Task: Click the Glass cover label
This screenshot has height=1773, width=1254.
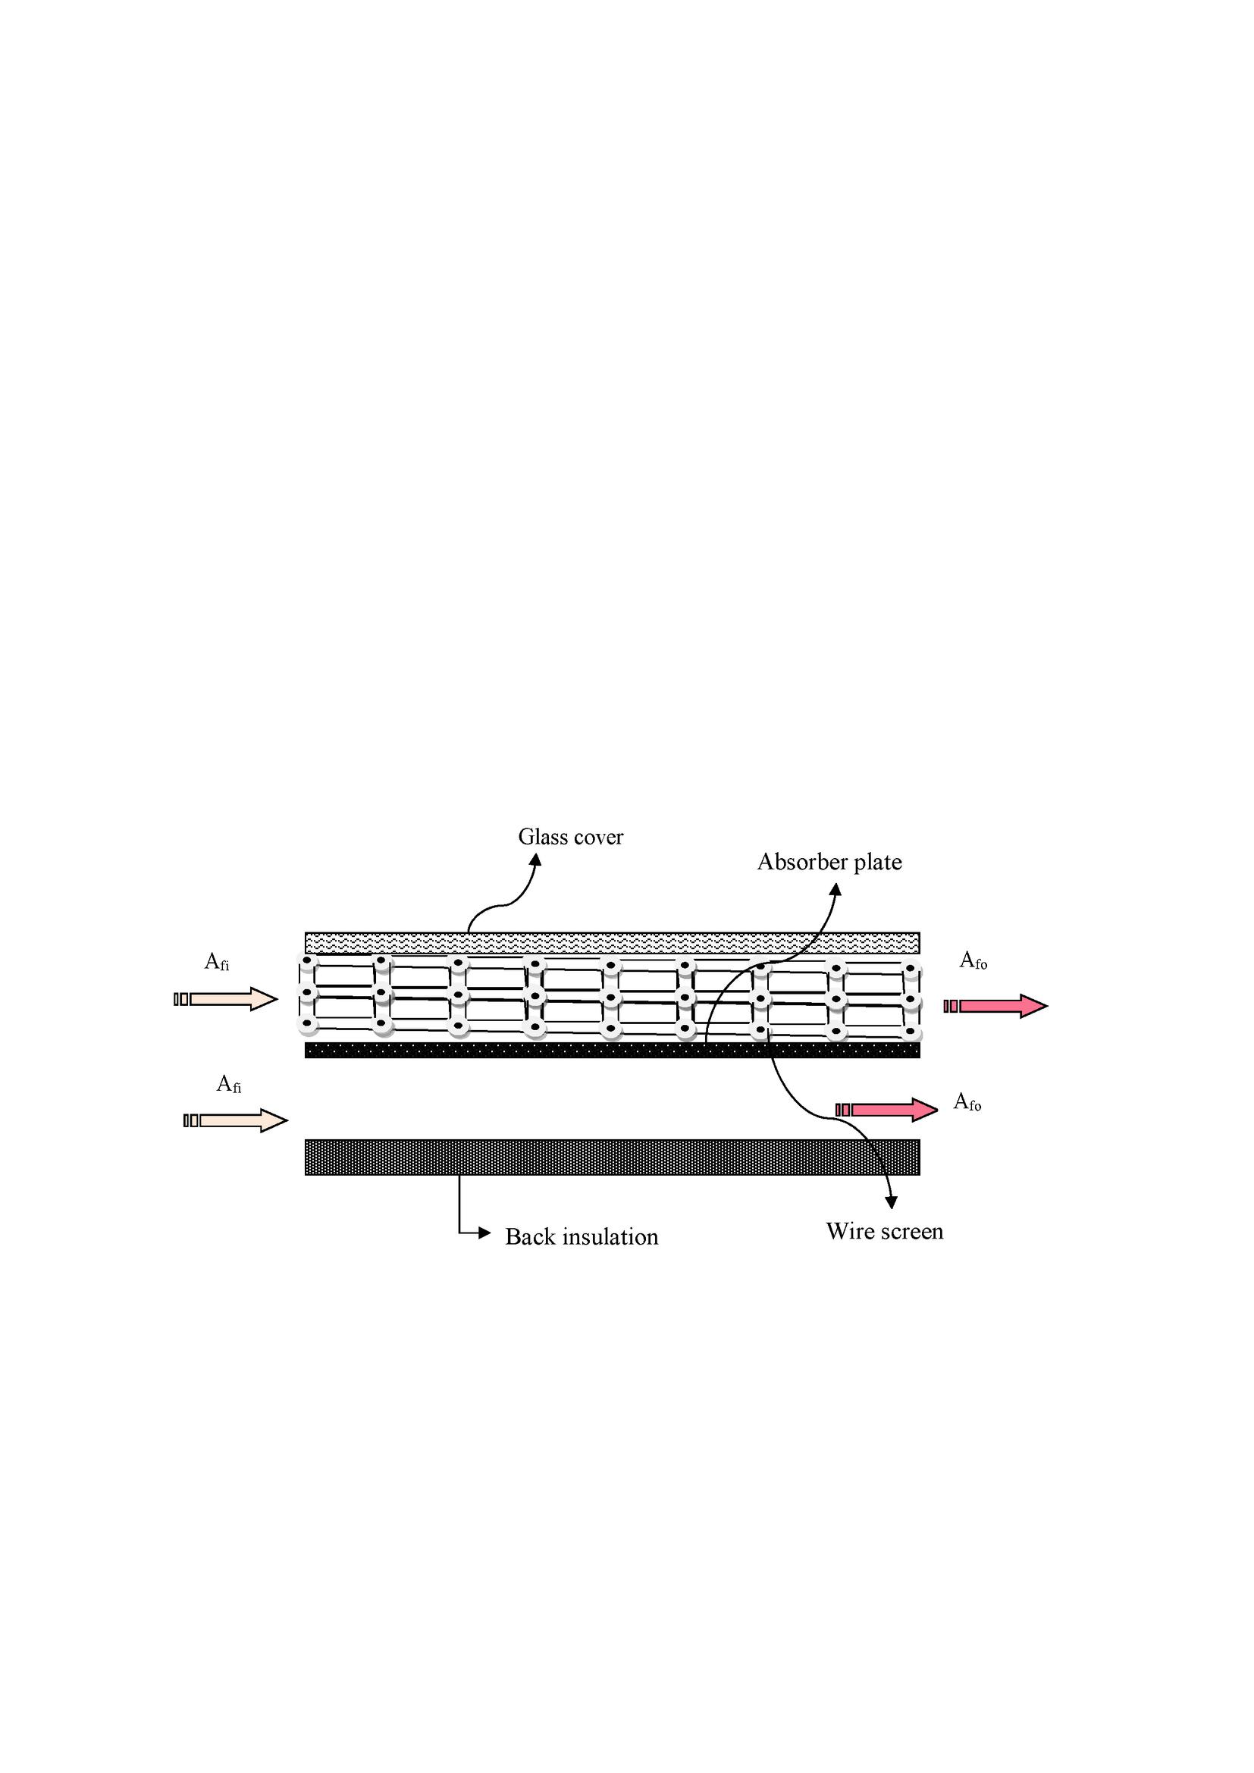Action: pyautogui.click(x=570, y=837)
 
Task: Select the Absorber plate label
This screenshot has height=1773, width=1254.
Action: pyautogui.click(x=829, y=862)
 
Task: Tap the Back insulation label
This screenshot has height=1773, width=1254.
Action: pyautogui.click(x=582, y=1237)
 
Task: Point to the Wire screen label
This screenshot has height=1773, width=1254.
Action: pyautogui.click(x=884, y=1231)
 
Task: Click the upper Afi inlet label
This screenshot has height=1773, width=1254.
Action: pyautogui.click(x=216, y=961)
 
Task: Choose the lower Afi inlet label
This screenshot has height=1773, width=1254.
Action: pyautogui.click(x=228, y=1084)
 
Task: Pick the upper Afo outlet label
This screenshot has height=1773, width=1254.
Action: pyautogui.click(x=973, y=960)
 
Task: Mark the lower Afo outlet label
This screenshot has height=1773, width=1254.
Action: pyautogui.click(x=967, y=1102)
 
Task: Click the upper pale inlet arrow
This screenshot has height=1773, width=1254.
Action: pyautogui.click(x=225, y=999)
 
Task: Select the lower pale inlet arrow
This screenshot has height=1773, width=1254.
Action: pyautogui.click(x=236, y=1120)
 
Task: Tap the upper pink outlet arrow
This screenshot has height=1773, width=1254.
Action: pyautogui.click(x=995, y=1006)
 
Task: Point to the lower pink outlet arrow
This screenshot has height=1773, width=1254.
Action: pyautogui.click(x=886, y=1110)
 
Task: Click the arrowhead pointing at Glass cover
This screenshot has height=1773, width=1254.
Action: pyautogui.click(x=535, y=859)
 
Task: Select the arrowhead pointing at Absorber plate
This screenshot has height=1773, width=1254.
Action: pyautogui.click(x=835, y=890)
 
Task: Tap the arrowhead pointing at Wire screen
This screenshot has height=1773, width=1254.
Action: pyautogui.click(x=892, y=1202)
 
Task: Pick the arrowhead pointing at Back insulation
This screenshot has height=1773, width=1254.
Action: pyautogui.click(x=485, y=1233)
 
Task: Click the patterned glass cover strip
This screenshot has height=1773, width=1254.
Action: pyautogui.click(x=613, y=943)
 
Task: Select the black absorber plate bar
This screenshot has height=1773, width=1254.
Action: pyautogui.click(x=613, y=1050)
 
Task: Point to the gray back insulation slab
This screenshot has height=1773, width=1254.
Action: pyautogui.click(x=613, y=1157)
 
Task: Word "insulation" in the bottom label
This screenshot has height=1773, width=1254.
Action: pyautogui.click(x=610, y=1237)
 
